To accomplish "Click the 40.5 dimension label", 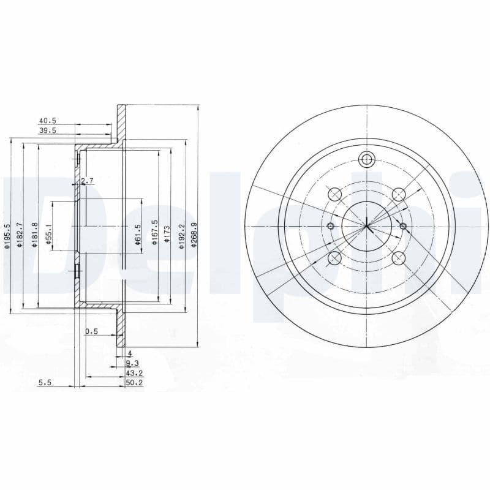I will click(47, 121).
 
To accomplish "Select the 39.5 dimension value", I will click(47, 130).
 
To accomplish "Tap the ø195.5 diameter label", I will click(7, 235).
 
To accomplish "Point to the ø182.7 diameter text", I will click(20, 235).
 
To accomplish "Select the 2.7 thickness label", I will click(86, 181).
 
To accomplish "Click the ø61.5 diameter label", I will click(138, 234).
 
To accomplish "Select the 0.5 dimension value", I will click(92, 331).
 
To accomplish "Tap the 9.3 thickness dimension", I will click(132, 363).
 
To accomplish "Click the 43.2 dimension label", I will click(134, 372).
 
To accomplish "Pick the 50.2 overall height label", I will click(134, 382).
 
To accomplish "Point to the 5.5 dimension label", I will click(45, 382).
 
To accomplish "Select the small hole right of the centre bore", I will click(402, 227).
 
